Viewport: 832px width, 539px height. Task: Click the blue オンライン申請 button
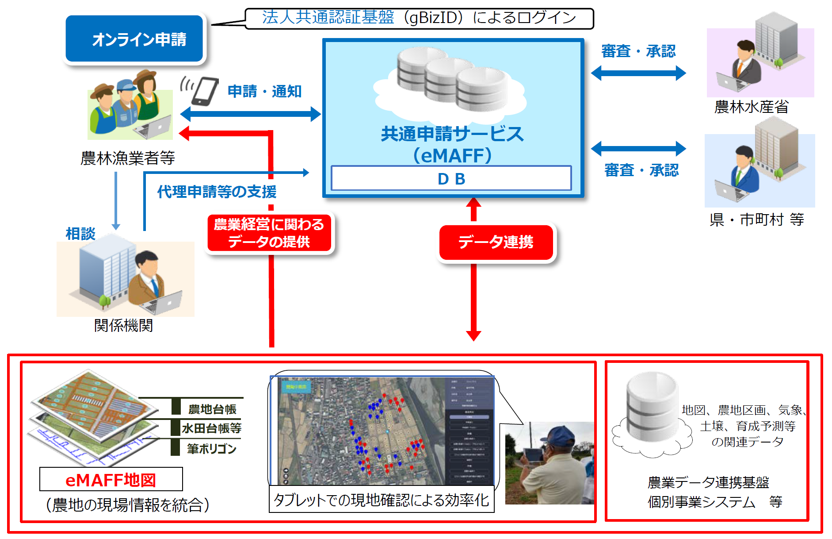tap(134, 39)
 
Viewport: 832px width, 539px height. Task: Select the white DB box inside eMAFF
tap(451, 179)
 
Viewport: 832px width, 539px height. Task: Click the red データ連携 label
tap(496, 242)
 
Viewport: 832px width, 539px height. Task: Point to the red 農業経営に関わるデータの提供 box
tap(269, 233)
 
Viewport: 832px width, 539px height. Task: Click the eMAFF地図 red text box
tap(111, 480)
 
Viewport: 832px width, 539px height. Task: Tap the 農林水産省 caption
tap(751, 107)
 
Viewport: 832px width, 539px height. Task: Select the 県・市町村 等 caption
tap(756, 219)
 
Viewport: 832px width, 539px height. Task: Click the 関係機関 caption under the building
tap(123, 326)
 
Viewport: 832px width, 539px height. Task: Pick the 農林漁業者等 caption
tap(128, 158)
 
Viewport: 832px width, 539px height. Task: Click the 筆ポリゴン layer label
tap(211, 449)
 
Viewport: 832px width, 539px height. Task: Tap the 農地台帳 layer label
tap(212, 409)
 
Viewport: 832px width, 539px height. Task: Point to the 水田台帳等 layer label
tap(211, 428)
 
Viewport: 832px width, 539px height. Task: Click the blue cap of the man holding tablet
tap(560, 433)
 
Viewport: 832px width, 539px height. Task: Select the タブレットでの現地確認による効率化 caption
tap(382, 500)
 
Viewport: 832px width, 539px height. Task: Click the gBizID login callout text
tap(419, 18)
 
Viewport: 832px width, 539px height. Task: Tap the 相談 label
tap(80, 234)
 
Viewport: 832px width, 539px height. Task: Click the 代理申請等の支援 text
tap(217, 192)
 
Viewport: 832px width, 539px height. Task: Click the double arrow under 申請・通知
tap(250, 114)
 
